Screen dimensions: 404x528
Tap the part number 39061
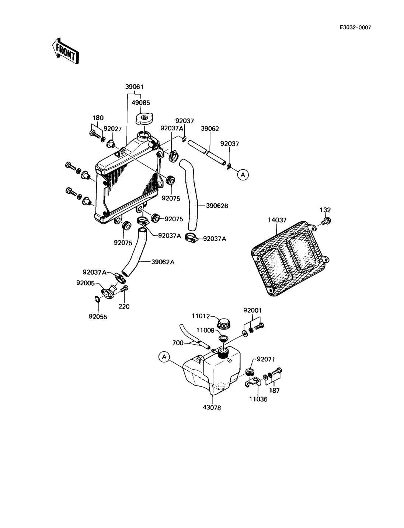coord(134,87)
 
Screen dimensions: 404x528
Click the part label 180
coord(98,118)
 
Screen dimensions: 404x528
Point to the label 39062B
coord(217,206)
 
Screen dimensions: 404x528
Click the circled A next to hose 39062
coord(243,175)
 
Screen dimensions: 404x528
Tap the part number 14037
coord(277,220)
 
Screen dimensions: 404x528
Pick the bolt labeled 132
coord(327,220)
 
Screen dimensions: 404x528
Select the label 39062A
coord(163,262)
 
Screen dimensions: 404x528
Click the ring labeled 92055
coord(97,299)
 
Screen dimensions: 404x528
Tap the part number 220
coord(124,306)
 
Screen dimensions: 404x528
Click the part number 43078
coord(212,408)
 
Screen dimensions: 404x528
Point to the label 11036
coord(258,399)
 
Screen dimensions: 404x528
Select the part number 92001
coord(252,310)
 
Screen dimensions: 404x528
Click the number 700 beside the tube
coord(178,343)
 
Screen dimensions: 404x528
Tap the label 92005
coord(86,283)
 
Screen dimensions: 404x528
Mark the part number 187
coord(274,391)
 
